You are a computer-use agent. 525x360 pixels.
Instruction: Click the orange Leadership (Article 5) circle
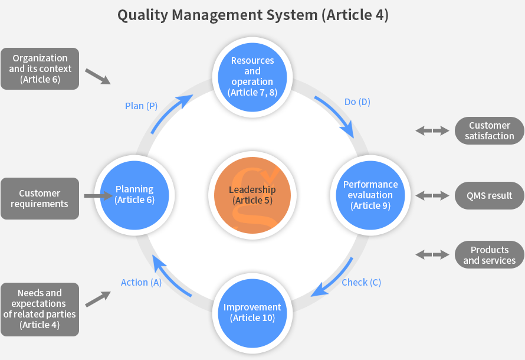pyautogui.click(x=252, y=195)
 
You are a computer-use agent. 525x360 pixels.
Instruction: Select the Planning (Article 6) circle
pyautogui.click(x=134, y=195)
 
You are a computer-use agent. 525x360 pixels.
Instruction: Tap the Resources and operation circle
pyautogui.click(x=252, y=77)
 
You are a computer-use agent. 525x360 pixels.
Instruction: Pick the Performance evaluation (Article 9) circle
pyautogui.click(x=370, y=195)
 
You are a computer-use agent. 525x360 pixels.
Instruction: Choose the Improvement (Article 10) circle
pyautogui.click(x=252, y=313)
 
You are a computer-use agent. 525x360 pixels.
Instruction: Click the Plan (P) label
pyautogui.click(x=141, y=106)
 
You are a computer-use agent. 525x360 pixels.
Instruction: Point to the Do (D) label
pyautogui.click(x=357, y=102)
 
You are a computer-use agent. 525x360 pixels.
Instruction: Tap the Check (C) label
pyautogui.click(x=361, y=283)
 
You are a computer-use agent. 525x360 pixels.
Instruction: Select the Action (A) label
pyautogui.click(x=142, y=283)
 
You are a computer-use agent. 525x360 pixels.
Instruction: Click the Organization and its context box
pyautogui.click(x=40, y=68)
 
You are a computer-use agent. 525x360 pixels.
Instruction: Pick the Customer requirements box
pyautogui.click(x=40, y=198)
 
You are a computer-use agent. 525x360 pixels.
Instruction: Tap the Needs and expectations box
pyautogui.click(x=40, y=309)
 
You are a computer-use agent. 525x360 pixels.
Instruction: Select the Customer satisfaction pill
pyautogui.click(x=489, y=130)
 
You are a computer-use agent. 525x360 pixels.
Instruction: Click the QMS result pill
pyautogui.click(x=489, y=195)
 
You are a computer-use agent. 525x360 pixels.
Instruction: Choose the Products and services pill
pyautogui.click(x=489, y=255)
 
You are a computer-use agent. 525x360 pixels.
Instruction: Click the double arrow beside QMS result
pyautogui.click(x=432, y=195)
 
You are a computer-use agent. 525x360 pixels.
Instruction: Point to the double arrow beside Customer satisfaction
pyautogui.click(x=432, y=130)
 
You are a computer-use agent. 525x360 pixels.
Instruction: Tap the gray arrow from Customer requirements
pyautogui.click(x=99, y=196)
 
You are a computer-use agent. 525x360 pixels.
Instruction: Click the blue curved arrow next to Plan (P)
pyautogui.click(x=170, y=113)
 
